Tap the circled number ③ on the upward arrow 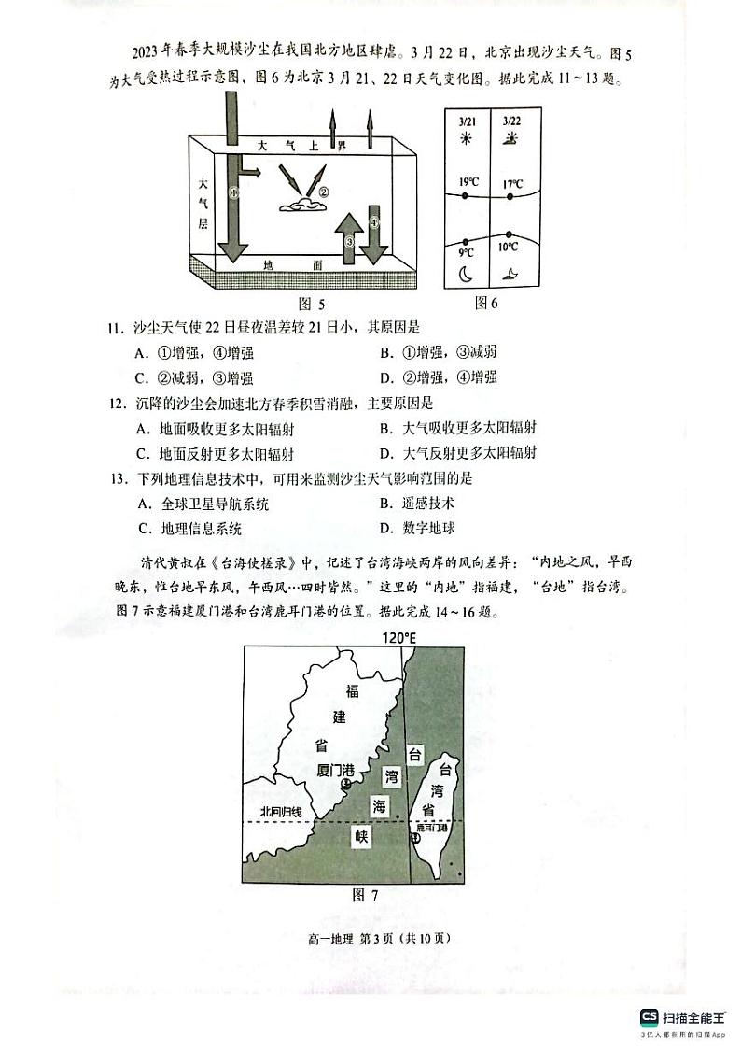click(349, 241)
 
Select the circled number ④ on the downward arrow click(374, 222)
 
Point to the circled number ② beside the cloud click(324, 193)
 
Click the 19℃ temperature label click(468, 181)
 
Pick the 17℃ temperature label click(512, 184)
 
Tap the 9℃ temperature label click(467, 252)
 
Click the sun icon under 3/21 click(467, 138)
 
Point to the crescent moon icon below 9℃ click(467, 274)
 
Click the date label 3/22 click(510, 121)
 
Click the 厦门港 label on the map click(336, 771)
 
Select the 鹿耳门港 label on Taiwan click(431, 828)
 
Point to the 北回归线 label click(281, 811)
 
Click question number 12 click(116, 404)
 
